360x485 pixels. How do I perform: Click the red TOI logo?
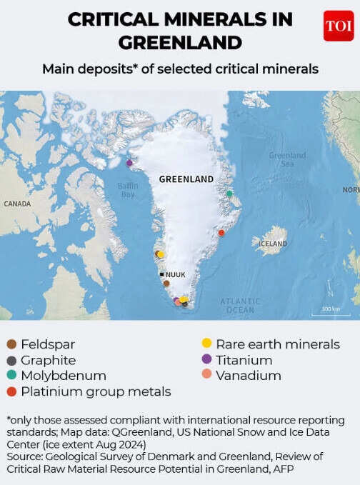338,26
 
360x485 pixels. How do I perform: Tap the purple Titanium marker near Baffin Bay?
129,163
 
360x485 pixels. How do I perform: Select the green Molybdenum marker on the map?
229,194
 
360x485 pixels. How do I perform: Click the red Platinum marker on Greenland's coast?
221,233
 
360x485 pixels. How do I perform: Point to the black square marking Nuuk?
162,274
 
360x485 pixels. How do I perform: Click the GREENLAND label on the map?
186,179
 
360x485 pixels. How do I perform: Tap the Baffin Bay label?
127,190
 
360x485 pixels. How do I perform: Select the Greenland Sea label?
287,159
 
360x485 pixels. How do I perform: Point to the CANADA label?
17,204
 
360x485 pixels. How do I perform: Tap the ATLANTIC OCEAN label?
240,306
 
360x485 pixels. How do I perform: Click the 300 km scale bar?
330,313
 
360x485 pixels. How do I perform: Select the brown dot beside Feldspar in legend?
11,344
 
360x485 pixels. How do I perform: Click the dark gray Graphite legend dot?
11,360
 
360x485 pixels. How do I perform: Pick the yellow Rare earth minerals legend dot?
206,344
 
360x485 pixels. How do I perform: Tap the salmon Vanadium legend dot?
206,376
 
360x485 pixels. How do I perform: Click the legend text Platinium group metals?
96,391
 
